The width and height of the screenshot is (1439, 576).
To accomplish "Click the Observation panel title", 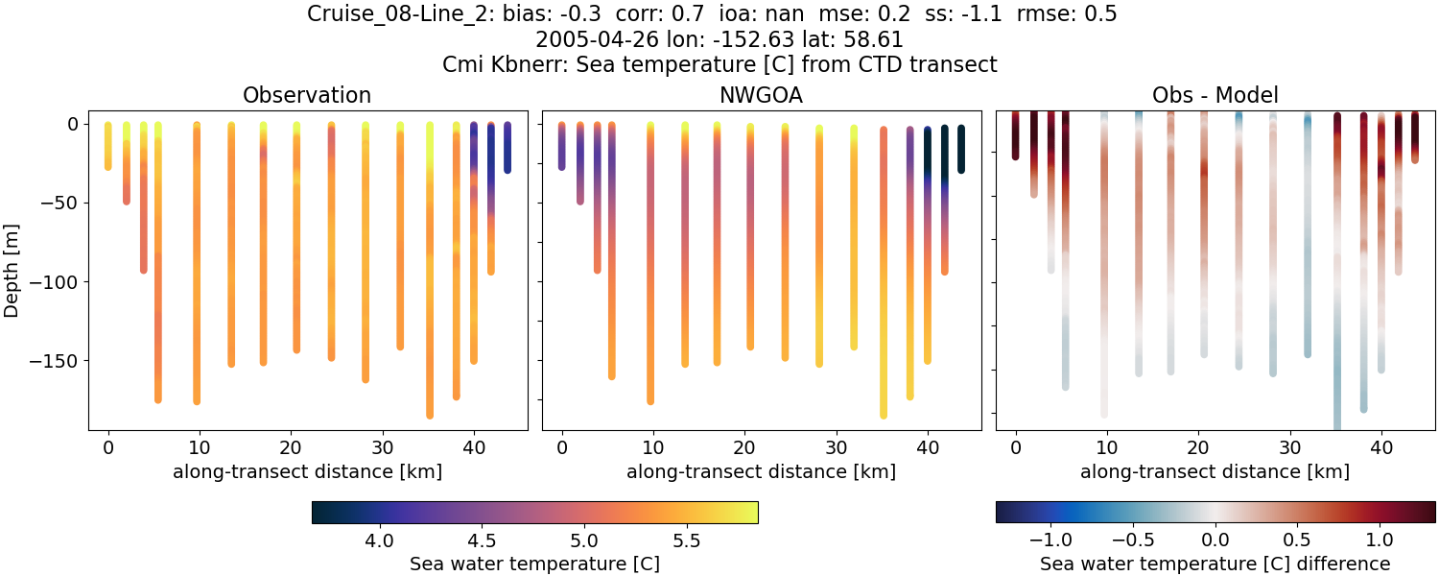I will coord(307,95).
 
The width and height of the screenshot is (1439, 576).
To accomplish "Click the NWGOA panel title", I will coord(761,95).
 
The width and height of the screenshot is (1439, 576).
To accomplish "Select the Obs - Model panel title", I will coord(1215,95).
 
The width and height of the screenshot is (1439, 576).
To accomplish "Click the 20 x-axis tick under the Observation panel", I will coord(291,446).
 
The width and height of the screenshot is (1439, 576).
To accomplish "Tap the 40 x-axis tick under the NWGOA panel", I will coord(927,446).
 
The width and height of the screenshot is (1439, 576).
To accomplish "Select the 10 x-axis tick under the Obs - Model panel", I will coord(1107,446).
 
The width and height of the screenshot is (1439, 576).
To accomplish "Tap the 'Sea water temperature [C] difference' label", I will coord(1215,564).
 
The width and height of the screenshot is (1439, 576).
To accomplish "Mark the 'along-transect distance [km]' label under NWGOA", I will coord(761,471).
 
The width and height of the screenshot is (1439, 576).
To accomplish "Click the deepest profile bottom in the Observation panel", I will coord(430,415).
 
